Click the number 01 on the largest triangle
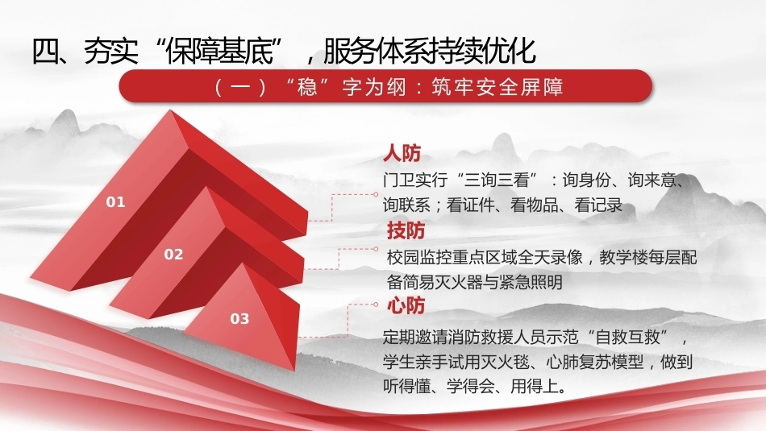pyautogui.click(x=116, y=202)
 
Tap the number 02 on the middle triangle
pyautogui.click(x=173, y=255)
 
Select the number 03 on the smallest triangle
pyautogui.click(x=239, y=319)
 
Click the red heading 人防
pyautogui.click(x=402, y=154)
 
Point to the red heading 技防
pyautogui.click(x=406, y=230)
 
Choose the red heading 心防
pyautogui.click(x=406, y=305)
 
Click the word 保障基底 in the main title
pyautogui.click(x=219, y=51)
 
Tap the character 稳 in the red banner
pyautogui.click(x=307, y=87)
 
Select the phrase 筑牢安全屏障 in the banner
pyautogui.click(x=497, y=87)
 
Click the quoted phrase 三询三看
pyautogui.click(x=497, y=180)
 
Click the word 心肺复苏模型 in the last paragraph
pyautogui.click(x=594, y=362)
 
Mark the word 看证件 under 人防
pyautogui.click(x=470, y=205)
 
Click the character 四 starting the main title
pyautogui.click(x=46, y=51)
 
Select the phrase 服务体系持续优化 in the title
pyautogui.click(x=430, y=51)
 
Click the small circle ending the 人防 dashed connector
pyautogui.click(x=375, y=194)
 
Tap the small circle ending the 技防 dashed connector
pyautogui.click(x=375, y=249)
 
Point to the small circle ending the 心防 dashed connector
pyautogui.click(x=375, y=305)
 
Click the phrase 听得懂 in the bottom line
pyautogui.click(x=407, y=387)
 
